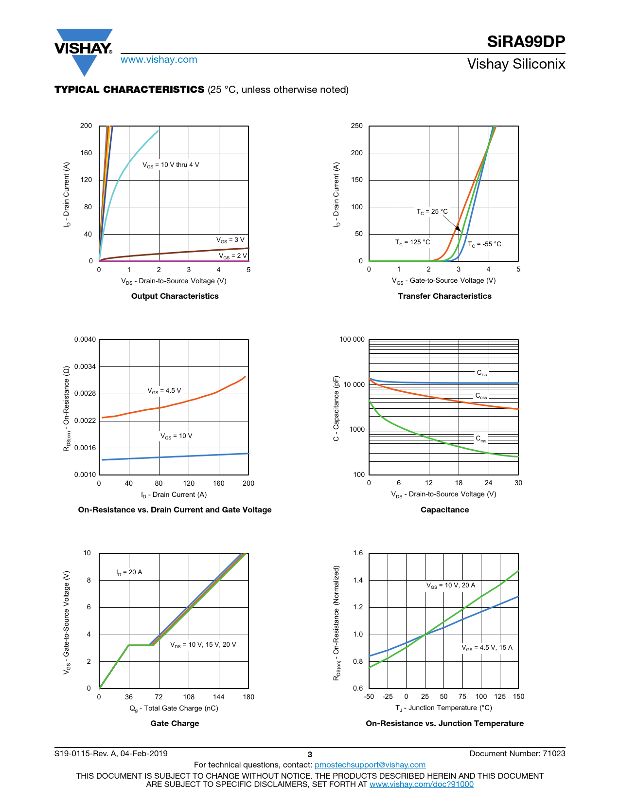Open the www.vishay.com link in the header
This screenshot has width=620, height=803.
point(159,59)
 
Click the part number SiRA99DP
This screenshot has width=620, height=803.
point(526,42)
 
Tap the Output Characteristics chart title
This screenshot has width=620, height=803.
point(175,296)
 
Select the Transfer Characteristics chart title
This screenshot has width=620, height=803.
point(444,296)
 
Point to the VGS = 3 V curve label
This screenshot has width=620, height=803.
point(230,240)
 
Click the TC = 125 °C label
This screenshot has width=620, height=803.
point(412,242)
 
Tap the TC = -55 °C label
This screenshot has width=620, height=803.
point(484,244)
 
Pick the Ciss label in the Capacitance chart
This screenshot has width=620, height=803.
point(481,373)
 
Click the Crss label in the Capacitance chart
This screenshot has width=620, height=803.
point(481,439)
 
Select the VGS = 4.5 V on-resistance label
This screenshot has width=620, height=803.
point(164,391)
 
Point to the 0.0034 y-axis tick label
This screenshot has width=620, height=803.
point(85,366)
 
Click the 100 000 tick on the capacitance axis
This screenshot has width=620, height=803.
point(352,339)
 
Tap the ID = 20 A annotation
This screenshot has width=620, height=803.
point(129,572)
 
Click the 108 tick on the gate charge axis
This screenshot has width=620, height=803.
point(189,697)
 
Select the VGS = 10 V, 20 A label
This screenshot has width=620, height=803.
point(451,585)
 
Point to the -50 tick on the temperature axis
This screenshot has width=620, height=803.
point(369,696)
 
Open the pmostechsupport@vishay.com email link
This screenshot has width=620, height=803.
point(370,765)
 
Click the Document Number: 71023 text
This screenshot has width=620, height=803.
point(517,753)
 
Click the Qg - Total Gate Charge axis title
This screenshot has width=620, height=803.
point(174,708)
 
